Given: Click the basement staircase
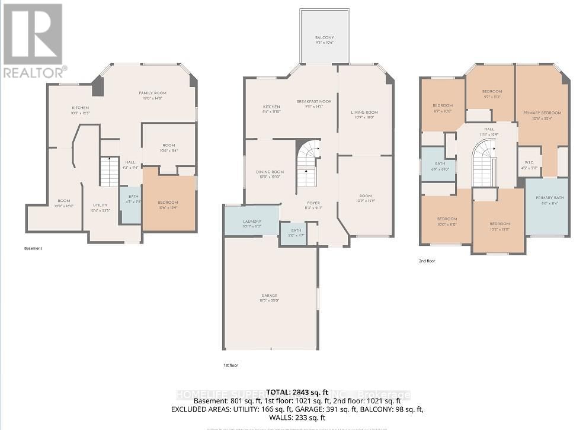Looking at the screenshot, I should (x=110, y=172).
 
